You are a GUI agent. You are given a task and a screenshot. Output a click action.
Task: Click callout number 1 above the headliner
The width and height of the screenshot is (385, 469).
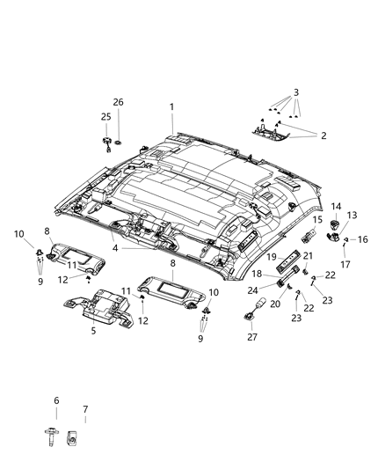pyautogui.click(x=172, y=106)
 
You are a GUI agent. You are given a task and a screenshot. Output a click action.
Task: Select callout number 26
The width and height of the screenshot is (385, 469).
pyautogui.click(x=118, y=103)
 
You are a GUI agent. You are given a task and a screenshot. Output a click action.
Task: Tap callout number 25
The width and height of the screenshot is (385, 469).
pyautogui.click(x=104, y=117)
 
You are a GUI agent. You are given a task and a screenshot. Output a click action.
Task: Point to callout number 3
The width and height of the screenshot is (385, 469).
pyautogui.click(x=296, y=92)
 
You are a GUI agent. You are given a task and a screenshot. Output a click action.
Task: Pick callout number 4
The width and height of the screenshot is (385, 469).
pyautogui.click(x=115, y=249)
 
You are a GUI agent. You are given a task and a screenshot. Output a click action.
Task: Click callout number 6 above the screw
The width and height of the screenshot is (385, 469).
pyautogui.click(x=56, y=400)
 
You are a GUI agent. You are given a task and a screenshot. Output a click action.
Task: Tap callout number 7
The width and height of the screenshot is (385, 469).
pyautogui.click(x=84, y=410)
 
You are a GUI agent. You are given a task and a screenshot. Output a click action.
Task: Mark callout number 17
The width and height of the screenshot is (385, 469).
pyautogui.click(x=345, y=264)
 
